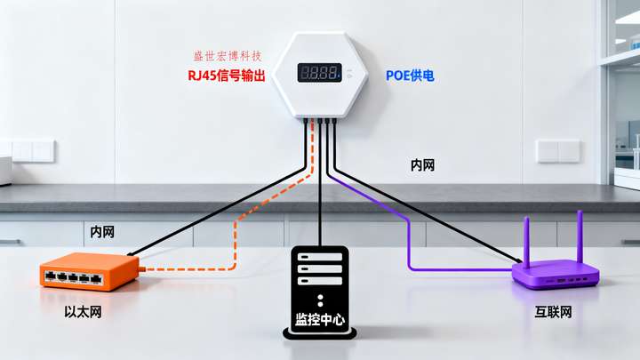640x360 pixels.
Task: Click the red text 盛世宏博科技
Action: pyautogui.click(x=229, y=56)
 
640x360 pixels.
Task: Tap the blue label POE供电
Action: pyautogui.click(x=410, y=76)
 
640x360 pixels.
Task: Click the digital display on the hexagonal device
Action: pyautogui.click(x=319, y=73)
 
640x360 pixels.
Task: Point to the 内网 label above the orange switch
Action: pyautogui.click(x=101, y=232)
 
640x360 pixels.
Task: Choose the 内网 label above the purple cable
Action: pyautogui.click(x=422, y=165)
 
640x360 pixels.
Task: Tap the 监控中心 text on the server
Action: pyautogui.click(x=319, y=317)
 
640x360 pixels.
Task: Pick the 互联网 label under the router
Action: pyautogui.click(x=553, y=312)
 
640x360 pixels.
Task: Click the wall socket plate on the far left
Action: pyautogui.click(x=31, y=150)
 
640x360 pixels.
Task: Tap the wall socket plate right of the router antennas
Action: pyautogui.click(x=559, y=150)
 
